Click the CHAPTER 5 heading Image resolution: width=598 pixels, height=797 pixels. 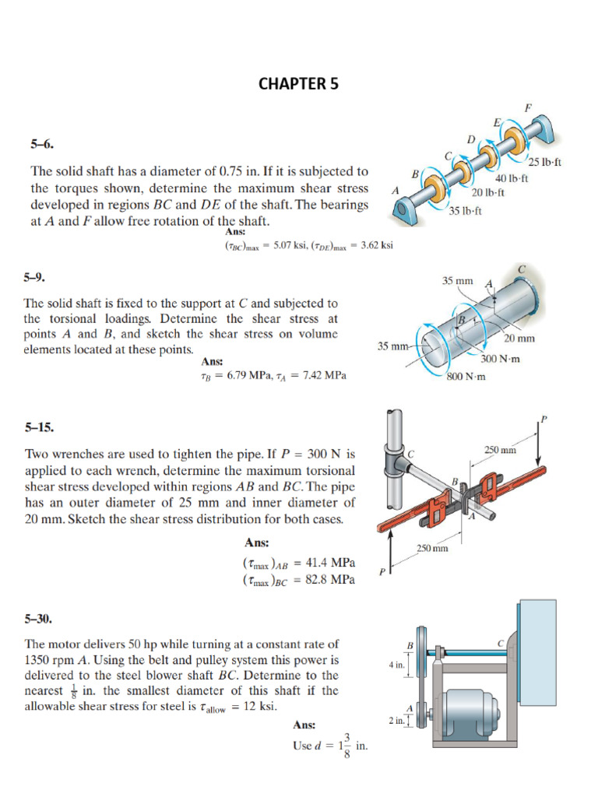click(x=299, y=84)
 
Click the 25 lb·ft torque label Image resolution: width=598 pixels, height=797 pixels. click(x=544, y=162)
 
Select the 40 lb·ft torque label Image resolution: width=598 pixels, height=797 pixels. click(x=512, y=178)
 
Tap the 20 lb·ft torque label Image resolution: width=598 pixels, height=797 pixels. click(x=488, y=191)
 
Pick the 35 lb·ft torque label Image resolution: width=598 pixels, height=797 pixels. click(x=466, y=210)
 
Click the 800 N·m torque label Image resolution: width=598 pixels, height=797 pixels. click(x=466, y=377)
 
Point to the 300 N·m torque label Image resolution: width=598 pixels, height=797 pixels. click(x=500, y=358)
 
